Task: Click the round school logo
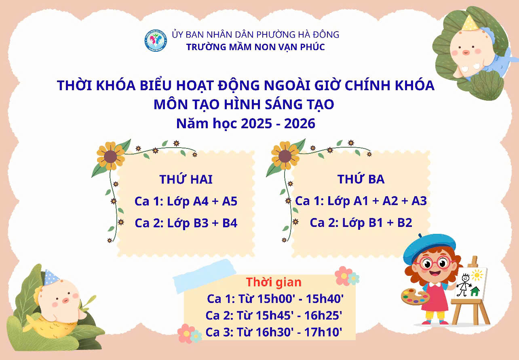click(x=156, y=40)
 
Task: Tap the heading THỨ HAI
click(x=186, y=179)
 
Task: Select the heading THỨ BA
click(x=361, y=179)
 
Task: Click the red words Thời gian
click(x=274, y=282)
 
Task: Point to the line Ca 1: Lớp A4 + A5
click(x=186, y=201)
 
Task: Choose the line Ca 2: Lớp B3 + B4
click(x=186, y=223)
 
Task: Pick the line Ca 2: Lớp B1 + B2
click(x=361, y=222)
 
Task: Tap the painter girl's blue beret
click(x=429, y=248)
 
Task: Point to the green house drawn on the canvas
click(x=475, y=291)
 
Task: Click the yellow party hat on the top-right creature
click(x=469, y=23)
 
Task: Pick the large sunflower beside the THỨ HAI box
click(x=110, y=156)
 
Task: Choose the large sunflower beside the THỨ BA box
click(x=285, y=156)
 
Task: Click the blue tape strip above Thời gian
click(x=205, y=277)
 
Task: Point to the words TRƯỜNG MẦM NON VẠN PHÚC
click(x=255, y=47)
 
